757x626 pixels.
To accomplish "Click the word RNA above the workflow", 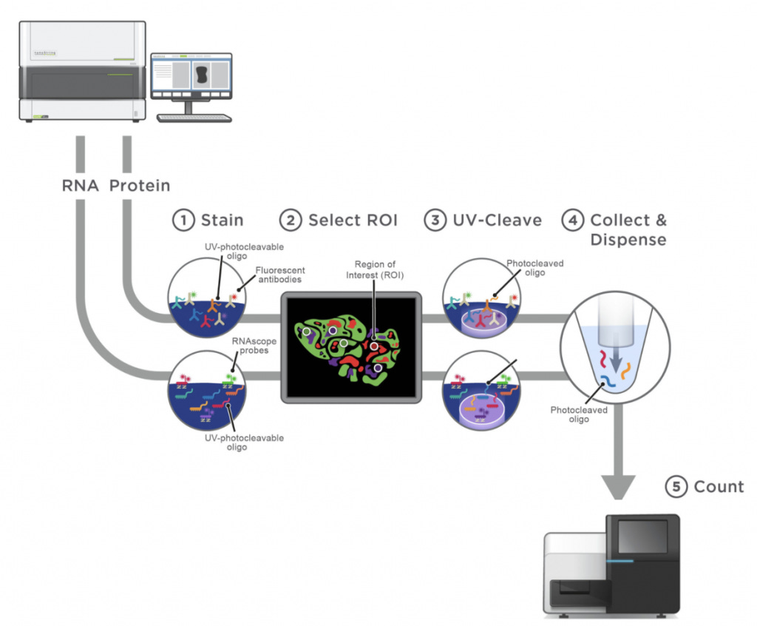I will click(81, 185).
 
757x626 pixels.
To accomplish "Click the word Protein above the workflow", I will click(140, 185).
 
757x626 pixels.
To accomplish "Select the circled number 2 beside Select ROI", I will click(290, 220).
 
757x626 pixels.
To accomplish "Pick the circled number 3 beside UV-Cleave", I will click(435, 220).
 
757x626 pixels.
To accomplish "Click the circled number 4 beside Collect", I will click(571, 220).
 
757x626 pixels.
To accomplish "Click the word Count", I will click(719, 487).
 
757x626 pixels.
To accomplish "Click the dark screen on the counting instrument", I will click(642, 536).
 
